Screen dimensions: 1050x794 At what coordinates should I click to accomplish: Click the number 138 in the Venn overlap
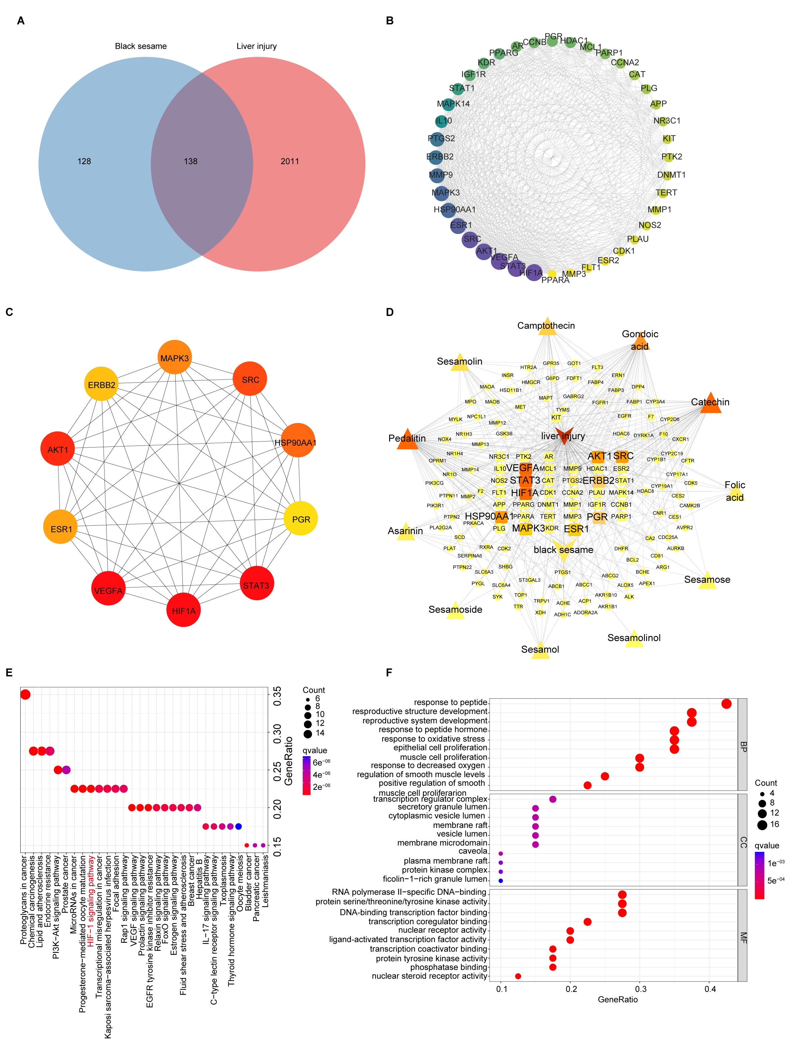click(x=190, y=161)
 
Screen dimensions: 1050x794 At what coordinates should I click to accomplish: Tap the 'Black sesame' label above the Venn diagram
click(x=141, y=46)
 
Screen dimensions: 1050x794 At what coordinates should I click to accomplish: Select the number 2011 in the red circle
click(x=290, y=161)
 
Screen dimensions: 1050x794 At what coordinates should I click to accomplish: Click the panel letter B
click(x=389, y=21)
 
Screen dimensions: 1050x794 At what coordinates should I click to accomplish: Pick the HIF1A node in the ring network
click(x=533, y=273)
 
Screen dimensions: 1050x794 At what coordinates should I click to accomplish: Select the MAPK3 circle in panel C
click(x=175, y=357)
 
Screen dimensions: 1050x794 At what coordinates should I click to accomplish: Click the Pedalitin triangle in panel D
click(x=407, y=440)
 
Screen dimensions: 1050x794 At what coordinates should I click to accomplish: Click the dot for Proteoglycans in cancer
click(x=25, y=694)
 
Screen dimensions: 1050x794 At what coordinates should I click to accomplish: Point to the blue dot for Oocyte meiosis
click(x=239, y=827)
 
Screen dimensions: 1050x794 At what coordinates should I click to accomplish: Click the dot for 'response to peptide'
click(x=726, y=703)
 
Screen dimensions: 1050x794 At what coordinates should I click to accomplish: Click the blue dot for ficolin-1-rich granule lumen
click(x=500, y=881)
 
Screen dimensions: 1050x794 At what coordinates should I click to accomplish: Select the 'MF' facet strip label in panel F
click(x=743, y=937)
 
